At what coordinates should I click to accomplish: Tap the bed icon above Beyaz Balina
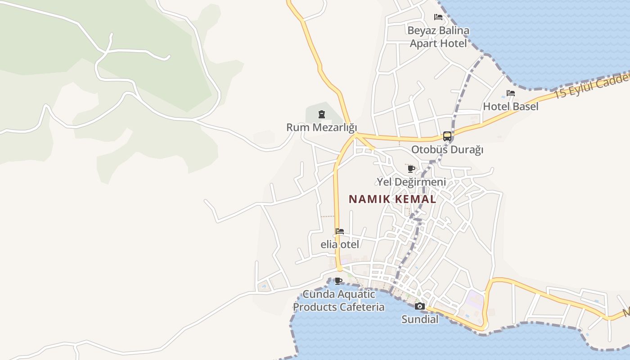pos(438,17)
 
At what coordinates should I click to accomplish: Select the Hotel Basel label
pos(511,107)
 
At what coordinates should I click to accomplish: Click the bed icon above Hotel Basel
pos(511,93)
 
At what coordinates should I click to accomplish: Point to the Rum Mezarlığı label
pos(321,127)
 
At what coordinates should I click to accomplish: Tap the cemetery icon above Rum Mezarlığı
pos(322,114)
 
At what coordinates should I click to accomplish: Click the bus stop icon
pos(447,136)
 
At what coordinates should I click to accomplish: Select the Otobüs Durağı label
pos(447,149)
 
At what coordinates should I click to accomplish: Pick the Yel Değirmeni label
pos(411,182)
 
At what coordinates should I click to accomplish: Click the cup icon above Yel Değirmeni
pos(411,169)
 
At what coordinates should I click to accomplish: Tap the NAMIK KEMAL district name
pos(392,199)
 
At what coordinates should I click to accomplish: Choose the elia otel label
pos(340,244)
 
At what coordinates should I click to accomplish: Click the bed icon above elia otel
pos(340,231)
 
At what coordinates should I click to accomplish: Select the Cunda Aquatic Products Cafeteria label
pos(339,301)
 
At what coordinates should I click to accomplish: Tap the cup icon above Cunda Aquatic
pos(338,281)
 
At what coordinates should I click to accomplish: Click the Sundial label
pos(420,319)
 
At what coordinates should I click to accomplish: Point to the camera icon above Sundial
pos(420,306)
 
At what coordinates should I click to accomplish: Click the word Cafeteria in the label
pos(362,307)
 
